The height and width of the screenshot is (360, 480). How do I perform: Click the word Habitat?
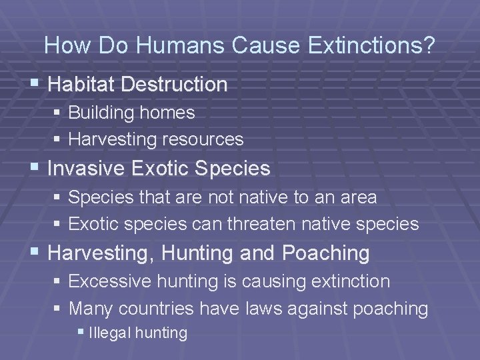(77, 85)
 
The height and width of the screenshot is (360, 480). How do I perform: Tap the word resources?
(206, 139)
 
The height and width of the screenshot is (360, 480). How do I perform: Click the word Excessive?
(110, 281)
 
